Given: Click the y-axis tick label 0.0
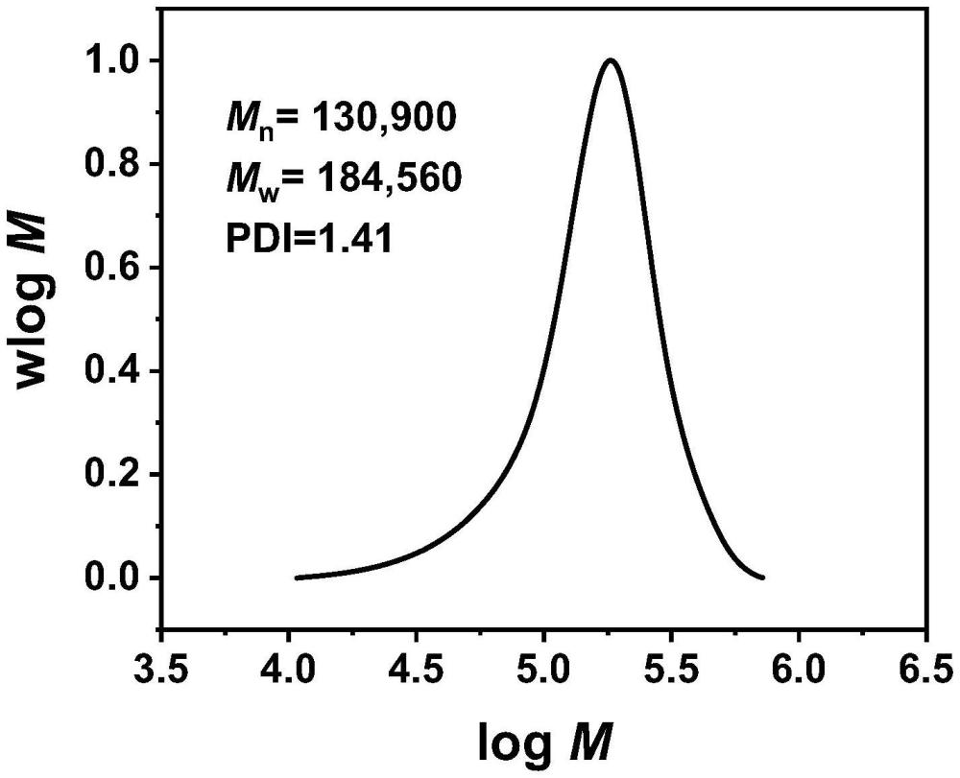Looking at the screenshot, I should [112, 578].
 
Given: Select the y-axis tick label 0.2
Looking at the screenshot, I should [112, 475].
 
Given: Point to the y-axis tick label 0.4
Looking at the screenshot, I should [112, 371].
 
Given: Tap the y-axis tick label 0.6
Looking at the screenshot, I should [112, 268].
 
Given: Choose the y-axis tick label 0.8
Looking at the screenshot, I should [112, 164].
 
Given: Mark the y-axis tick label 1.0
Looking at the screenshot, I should [112, 60].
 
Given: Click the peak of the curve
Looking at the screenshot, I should [610, 60].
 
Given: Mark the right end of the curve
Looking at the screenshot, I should [762, 578].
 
